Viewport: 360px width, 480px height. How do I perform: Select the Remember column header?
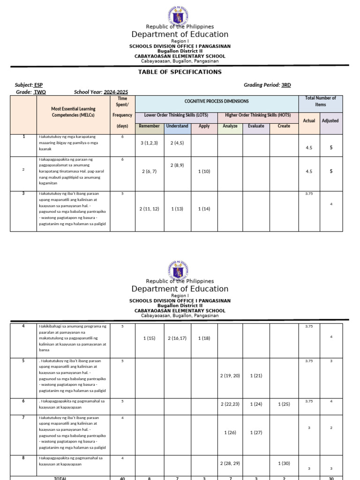pos(150,126)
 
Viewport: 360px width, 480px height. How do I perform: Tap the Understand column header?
pos(177,126)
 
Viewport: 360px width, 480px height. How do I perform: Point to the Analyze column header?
pos(230,126)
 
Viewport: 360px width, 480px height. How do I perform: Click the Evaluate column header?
pos(256,126)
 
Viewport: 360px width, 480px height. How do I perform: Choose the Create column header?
pos(284,126)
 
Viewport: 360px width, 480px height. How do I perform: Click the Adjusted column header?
pos(330,120)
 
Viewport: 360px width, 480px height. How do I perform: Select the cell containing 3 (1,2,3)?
pos(150,143)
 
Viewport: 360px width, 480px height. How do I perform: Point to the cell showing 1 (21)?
pos(256,376)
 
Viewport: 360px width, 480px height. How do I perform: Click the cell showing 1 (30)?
pos(284,464)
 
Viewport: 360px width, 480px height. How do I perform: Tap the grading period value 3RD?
pos(286,85)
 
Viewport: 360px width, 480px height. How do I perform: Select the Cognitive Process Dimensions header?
pos(217,101)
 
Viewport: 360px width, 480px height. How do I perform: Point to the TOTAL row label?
pos(60,478)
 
